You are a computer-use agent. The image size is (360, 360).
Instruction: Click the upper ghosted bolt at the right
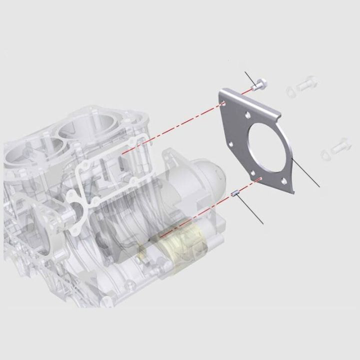[307, 84]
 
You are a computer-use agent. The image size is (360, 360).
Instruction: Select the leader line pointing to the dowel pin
[250, 210]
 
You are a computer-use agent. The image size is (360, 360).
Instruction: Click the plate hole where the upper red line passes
[223, 104]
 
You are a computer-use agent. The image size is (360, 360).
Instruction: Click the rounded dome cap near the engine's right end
[210, 172]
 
